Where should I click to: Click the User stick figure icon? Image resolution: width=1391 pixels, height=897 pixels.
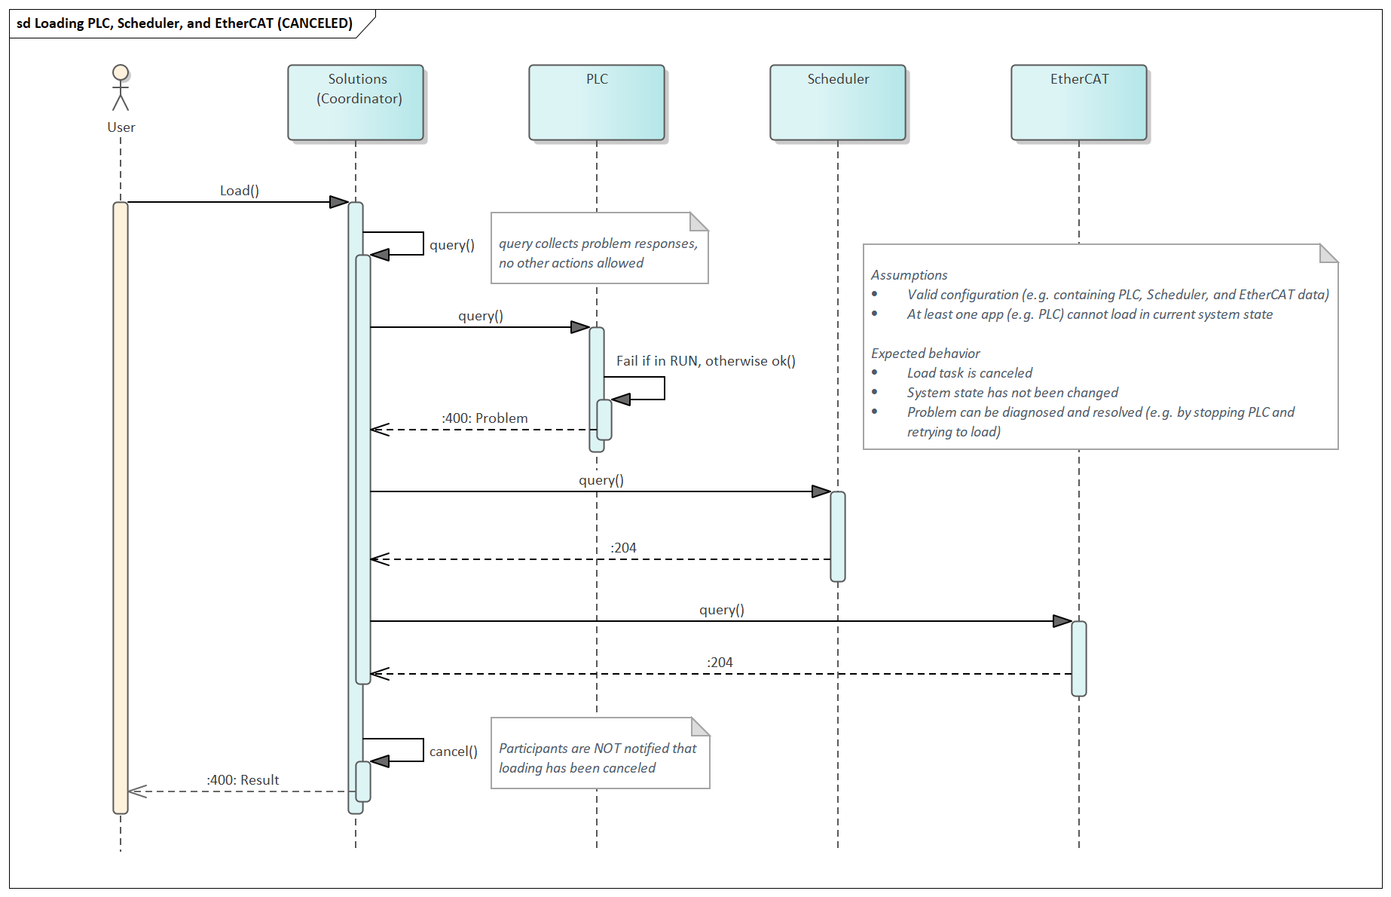[x=121, y=88]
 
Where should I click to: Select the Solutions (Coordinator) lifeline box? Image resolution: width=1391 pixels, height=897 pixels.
[x=356, y=103]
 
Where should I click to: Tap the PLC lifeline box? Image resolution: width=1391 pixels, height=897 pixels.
[x=597, y=103]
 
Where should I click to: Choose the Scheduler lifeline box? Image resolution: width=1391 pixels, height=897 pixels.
[x=838, y=103]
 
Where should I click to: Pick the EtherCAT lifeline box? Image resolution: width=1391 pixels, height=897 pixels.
[x=1079, y=103]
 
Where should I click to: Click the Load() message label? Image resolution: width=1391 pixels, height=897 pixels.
[x=240, y=191]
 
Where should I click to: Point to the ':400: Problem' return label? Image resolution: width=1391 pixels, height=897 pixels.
[x=485, y=418]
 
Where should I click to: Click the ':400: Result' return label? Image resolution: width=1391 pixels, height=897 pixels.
[x=243, y=780]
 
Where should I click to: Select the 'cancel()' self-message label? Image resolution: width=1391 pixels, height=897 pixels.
[x=453, y=752]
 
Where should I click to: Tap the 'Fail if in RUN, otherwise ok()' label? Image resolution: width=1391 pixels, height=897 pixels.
[x=705, y=361]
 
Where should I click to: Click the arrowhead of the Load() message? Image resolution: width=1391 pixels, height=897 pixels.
[x=339, y=202]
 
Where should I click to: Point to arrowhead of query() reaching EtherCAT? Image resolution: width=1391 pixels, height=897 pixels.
[x=1062, y=621]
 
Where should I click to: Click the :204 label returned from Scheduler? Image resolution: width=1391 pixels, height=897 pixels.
[x=623, y=548]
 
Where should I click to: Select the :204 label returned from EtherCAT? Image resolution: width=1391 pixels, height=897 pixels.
[x=720, y=663]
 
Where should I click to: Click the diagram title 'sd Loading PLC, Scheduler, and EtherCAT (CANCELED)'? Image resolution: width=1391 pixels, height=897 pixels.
[x=185, y=23]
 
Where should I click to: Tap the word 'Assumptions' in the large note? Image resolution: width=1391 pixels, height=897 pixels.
[x=909, y=275]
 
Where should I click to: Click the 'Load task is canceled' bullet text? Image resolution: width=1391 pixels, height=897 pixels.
[x=969, y=373]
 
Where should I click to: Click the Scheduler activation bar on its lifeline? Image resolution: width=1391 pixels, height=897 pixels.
[x=838, y=537]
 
